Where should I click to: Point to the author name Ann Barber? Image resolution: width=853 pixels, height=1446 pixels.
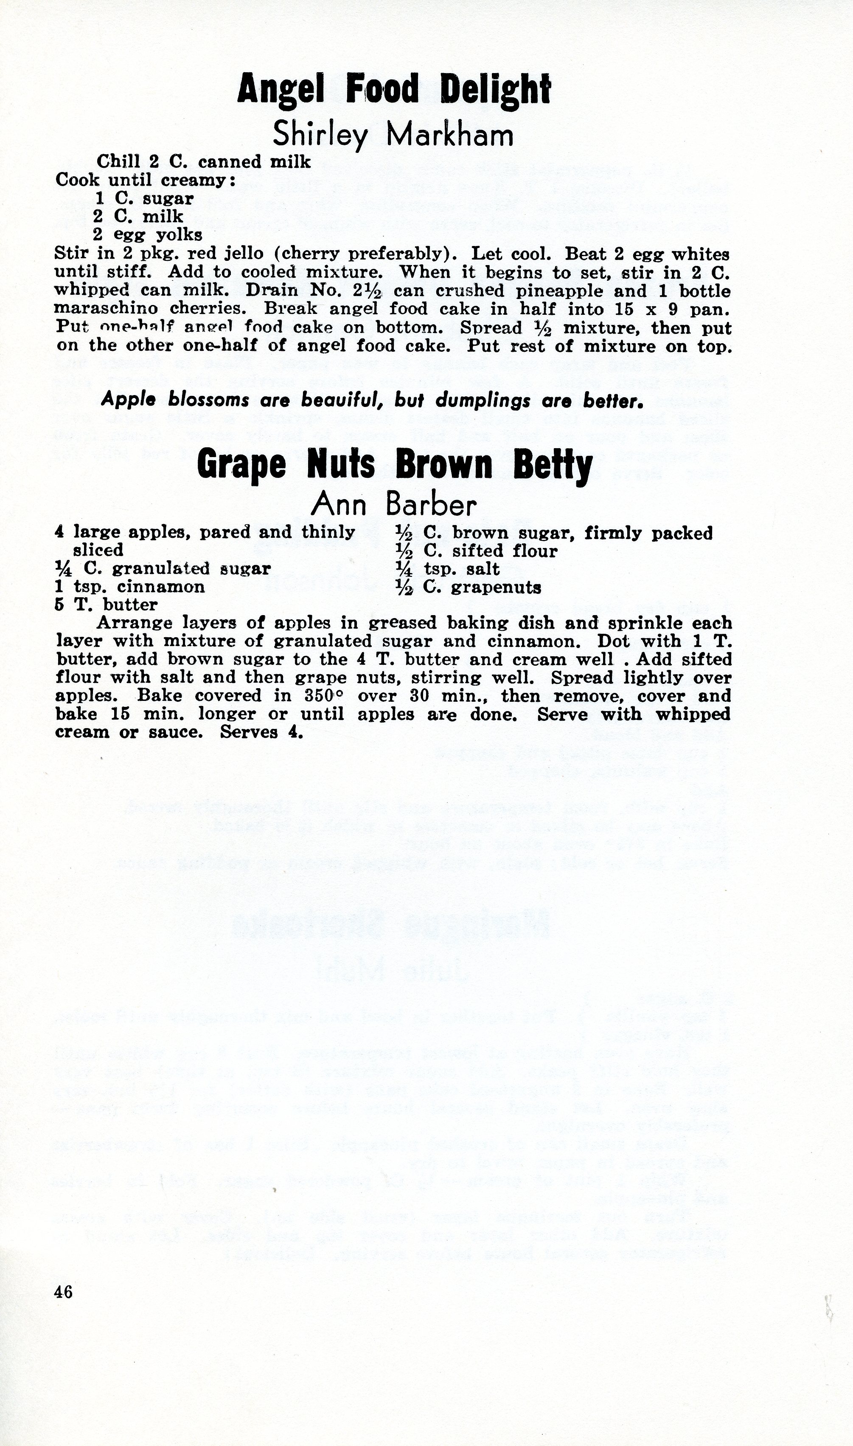point(394,505)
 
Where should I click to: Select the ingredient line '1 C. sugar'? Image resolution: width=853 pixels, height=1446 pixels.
point(144,198)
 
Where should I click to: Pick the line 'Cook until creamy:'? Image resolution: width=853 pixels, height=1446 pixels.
point(146,180)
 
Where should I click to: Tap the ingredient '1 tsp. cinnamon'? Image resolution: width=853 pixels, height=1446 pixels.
point(130,587)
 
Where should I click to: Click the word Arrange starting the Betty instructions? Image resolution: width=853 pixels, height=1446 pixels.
point(135,623)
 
